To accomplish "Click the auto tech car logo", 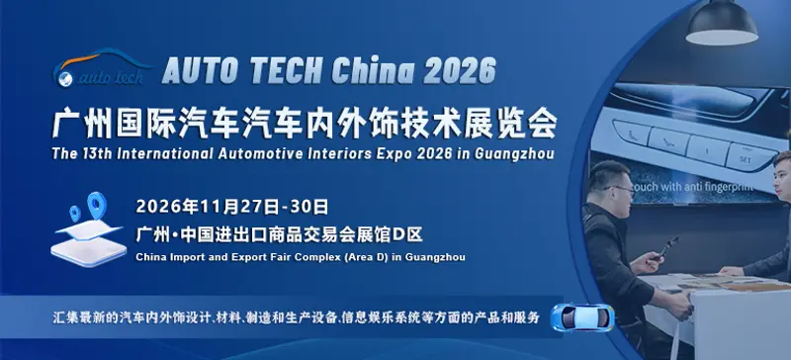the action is click(x=101, y=68).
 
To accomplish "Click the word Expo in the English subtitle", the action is click(x=397, y=153).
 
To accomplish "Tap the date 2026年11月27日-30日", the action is click(x=232, y=206).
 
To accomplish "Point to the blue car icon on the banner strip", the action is click(x=582, y=316).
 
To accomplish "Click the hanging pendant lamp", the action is click(x=722, y=22).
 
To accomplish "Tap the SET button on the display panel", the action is click(x=746, y=159).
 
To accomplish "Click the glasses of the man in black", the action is click(x=621, y=189).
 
